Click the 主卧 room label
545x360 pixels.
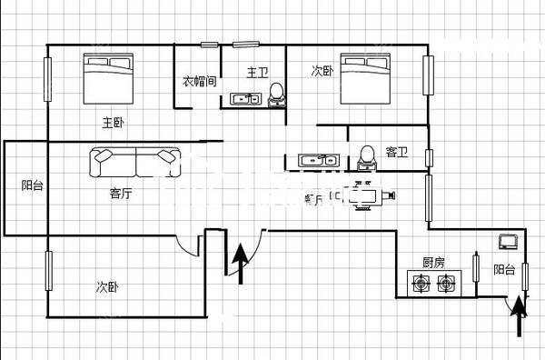click(114, 122)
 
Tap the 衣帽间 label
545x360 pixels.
click(198, 81)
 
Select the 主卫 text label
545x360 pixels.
click(257, 71)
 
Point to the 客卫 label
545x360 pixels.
click(396, 152)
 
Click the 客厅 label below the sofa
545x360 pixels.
click(121, 193)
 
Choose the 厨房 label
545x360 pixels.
click(433, 263)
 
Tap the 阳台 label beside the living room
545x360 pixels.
click(32, 185)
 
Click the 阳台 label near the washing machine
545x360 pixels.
click(504, 269)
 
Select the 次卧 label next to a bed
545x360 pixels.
click(322, 70)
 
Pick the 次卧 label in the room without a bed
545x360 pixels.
click(107, 287)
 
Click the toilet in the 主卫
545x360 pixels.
click(277, 95)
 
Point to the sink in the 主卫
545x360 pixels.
click(243, 99)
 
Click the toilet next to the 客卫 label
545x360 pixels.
click(366, 159)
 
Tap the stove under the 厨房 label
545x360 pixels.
click(432, 285)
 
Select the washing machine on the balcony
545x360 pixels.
click(508, 242)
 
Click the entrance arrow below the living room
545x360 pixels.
click(241, 264)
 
